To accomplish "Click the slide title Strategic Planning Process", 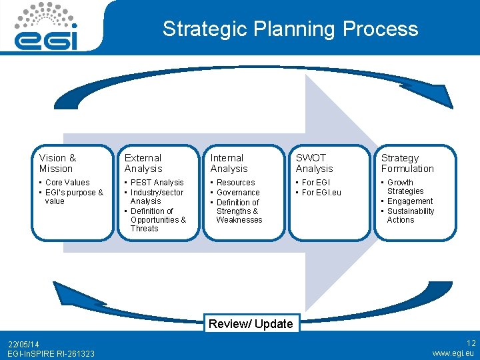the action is (290, 29).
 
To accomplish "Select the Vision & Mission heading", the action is (58, 163).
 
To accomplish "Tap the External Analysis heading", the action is (143, 163).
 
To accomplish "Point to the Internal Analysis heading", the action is (229, 163).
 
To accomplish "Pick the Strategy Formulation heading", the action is (407, 163).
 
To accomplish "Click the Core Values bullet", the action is (67, 182).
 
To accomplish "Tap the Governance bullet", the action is (238, 192).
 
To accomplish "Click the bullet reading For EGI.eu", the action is (321, 192).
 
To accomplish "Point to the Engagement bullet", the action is (410, 201).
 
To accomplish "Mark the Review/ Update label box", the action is (251, 323).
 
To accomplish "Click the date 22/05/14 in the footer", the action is (24, 344).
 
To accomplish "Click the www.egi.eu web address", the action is (453, 353).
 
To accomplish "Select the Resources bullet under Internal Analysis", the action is (235, 182).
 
